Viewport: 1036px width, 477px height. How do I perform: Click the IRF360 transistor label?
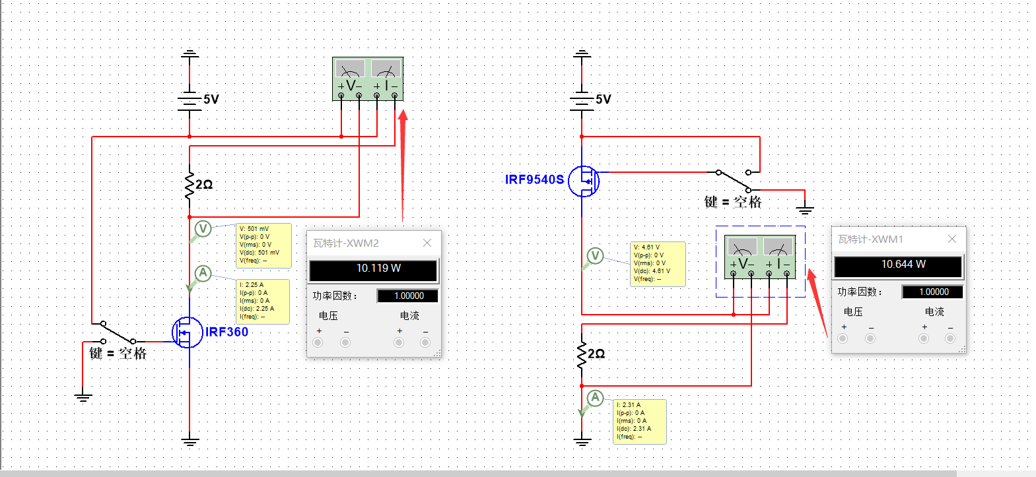pyautogui.click(x=226, y=332)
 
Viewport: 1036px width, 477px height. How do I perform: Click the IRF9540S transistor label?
pyautogui.click(x=534, y=179)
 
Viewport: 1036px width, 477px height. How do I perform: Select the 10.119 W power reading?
pyautogui.click(x=374, y=269)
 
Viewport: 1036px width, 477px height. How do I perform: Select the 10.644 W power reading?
pyautogui.click(x=899, y=265)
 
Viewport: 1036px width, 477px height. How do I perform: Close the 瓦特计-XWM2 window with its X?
pyautogui.click(x=427, y=243)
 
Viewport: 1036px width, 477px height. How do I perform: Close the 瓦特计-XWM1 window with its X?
pyautogui.click(x=952, y=239)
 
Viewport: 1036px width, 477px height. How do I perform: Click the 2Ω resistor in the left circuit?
pyautogui.click(x=190, y=186)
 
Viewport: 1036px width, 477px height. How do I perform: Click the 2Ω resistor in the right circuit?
pyautogui.click(x=582, y=355)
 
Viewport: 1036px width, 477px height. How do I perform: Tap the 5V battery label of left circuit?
pyautogui.click(x=211, y=100)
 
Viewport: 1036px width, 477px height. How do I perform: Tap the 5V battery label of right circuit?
pyautogui.click(x=603, y=100)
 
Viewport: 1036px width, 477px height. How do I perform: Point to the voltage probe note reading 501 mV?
pyautogui.click(x=263, y=245)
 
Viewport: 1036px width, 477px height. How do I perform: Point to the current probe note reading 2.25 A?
pyautogui.click(x=263, y=302)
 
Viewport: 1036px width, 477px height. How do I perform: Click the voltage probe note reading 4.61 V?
pyautogui.click(x=658, y=264)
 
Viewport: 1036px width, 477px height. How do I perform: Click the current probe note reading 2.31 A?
pyautogui.click(x=639, y=422)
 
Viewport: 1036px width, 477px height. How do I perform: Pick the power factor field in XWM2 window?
pyautogui.click(x=407, y=296)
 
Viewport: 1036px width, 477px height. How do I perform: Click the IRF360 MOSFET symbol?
pyautogui.click(x=187, y=333)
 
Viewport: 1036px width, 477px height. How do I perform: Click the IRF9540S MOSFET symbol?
pyautogui.click(x=584, y=181)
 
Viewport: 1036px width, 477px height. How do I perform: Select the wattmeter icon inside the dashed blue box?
pyautogui.click(x=760, y=257)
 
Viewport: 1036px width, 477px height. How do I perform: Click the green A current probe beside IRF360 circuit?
pyautogui.click(x=203, y=273)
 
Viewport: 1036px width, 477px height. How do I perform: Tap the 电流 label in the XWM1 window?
pyautogui.click(x=934, y=312)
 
